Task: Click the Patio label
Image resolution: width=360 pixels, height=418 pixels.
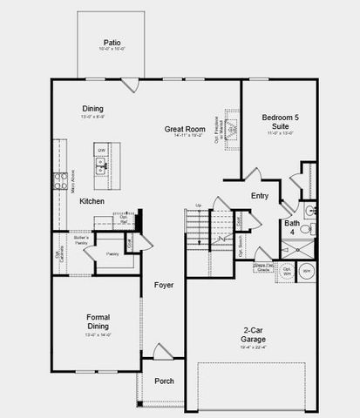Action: (112, 43)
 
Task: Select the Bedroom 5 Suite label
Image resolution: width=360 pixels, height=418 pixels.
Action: (279, 122)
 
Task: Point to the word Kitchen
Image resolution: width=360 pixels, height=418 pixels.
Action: (92, 201)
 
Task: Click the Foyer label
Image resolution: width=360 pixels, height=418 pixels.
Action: (164, 285)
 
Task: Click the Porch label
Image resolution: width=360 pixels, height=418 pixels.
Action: (164, 381)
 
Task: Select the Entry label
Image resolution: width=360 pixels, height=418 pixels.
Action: (260, 196)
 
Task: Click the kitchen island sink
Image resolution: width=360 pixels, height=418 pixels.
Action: (102, 168)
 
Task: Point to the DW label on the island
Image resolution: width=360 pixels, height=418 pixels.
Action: (102, 151)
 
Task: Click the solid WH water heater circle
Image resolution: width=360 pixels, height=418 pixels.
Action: (306, 272)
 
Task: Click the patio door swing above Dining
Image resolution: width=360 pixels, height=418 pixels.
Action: (130, 85)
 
